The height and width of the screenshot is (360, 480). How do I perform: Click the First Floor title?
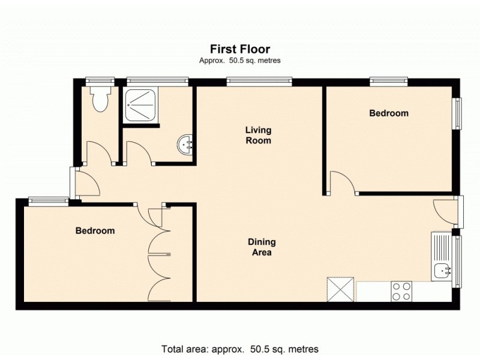pos(239,49)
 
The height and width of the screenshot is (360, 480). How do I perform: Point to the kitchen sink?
pos(443,271)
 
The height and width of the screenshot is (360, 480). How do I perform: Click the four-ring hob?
pos(401,291)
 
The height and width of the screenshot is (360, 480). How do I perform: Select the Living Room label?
pos(258,135)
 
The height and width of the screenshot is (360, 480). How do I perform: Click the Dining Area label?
pos(262,247)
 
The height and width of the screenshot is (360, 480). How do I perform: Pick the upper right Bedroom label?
pos(388,113)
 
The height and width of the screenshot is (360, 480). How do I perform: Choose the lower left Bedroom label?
pos(95,230)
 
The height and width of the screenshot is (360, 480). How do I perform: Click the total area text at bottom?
pos(239,349)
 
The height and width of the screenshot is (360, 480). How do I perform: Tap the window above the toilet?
pos(99,80)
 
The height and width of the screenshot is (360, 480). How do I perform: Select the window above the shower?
pos(157,80)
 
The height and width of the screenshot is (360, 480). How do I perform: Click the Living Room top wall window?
pos(259,80)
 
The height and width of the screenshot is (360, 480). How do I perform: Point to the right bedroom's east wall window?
pos(458,113)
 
